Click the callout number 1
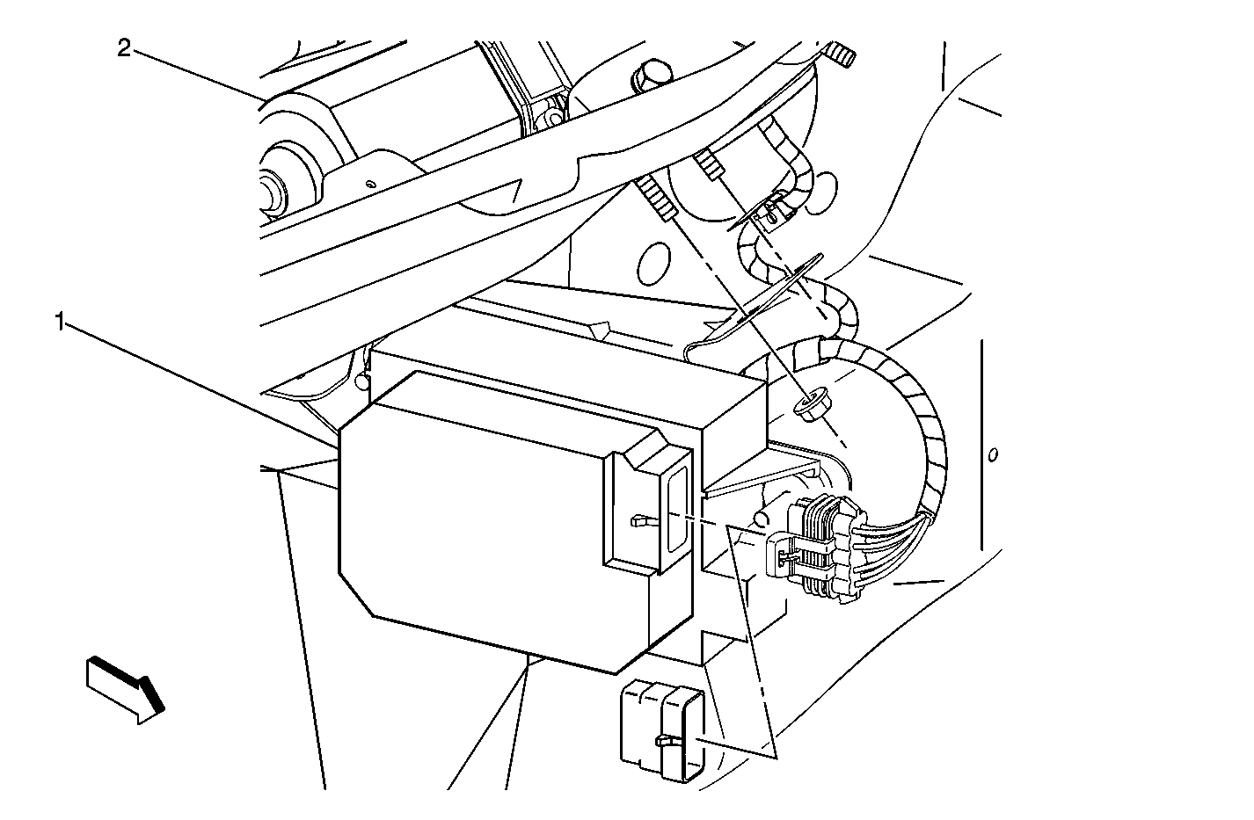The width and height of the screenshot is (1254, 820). coord(61,322)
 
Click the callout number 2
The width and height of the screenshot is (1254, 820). coord(124,48)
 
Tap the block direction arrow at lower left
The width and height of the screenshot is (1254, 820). coord(125,690)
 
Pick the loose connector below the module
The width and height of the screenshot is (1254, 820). coord(661,729)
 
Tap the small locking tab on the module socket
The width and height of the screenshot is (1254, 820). coord(643,521)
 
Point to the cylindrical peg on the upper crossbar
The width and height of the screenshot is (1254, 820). coord(651,76)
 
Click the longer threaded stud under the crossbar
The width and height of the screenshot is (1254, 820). coord(657,200)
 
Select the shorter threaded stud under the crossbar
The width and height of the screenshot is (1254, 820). coord(709,166)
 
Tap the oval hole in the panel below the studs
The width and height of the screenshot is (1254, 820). coord(653,264)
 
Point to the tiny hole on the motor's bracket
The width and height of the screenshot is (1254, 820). coord(369,184)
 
